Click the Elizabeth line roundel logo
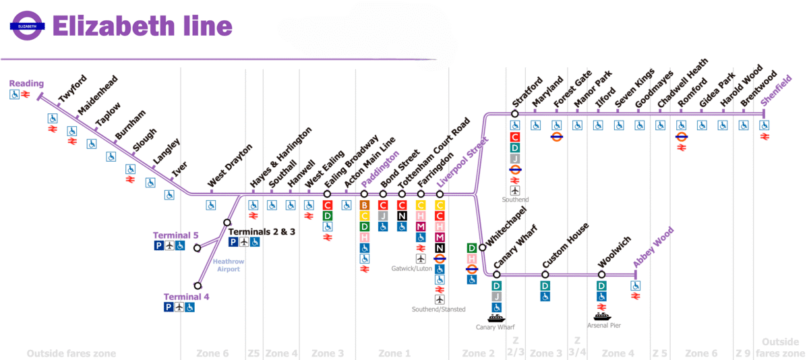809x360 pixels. click(x=27, y=26)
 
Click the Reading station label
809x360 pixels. click(x=26, y=84)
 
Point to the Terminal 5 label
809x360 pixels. click(x=175, y=235)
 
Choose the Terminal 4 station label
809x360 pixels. click(x=186, y=297)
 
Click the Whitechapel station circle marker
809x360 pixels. click(x=482, y=247)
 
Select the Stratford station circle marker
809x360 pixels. click(x=514, y=114)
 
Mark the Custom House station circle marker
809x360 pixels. click(x=545, y=274)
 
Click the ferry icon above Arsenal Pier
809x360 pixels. click(x=602, y=316)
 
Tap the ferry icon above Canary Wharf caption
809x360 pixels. click(x=496, y=318)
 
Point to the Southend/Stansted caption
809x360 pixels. click(x=439, y=309)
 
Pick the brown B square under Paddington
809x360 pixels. click(x=365, y=205)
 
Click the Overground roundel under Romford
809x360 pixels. click(x=682, y=136)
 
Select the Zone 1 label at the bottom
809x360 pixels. click(x=394, y=353)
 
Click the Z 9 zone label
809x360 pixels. click(x=744, y=353)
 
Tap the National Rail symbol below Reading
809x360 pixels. click(x=25, y=95)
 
